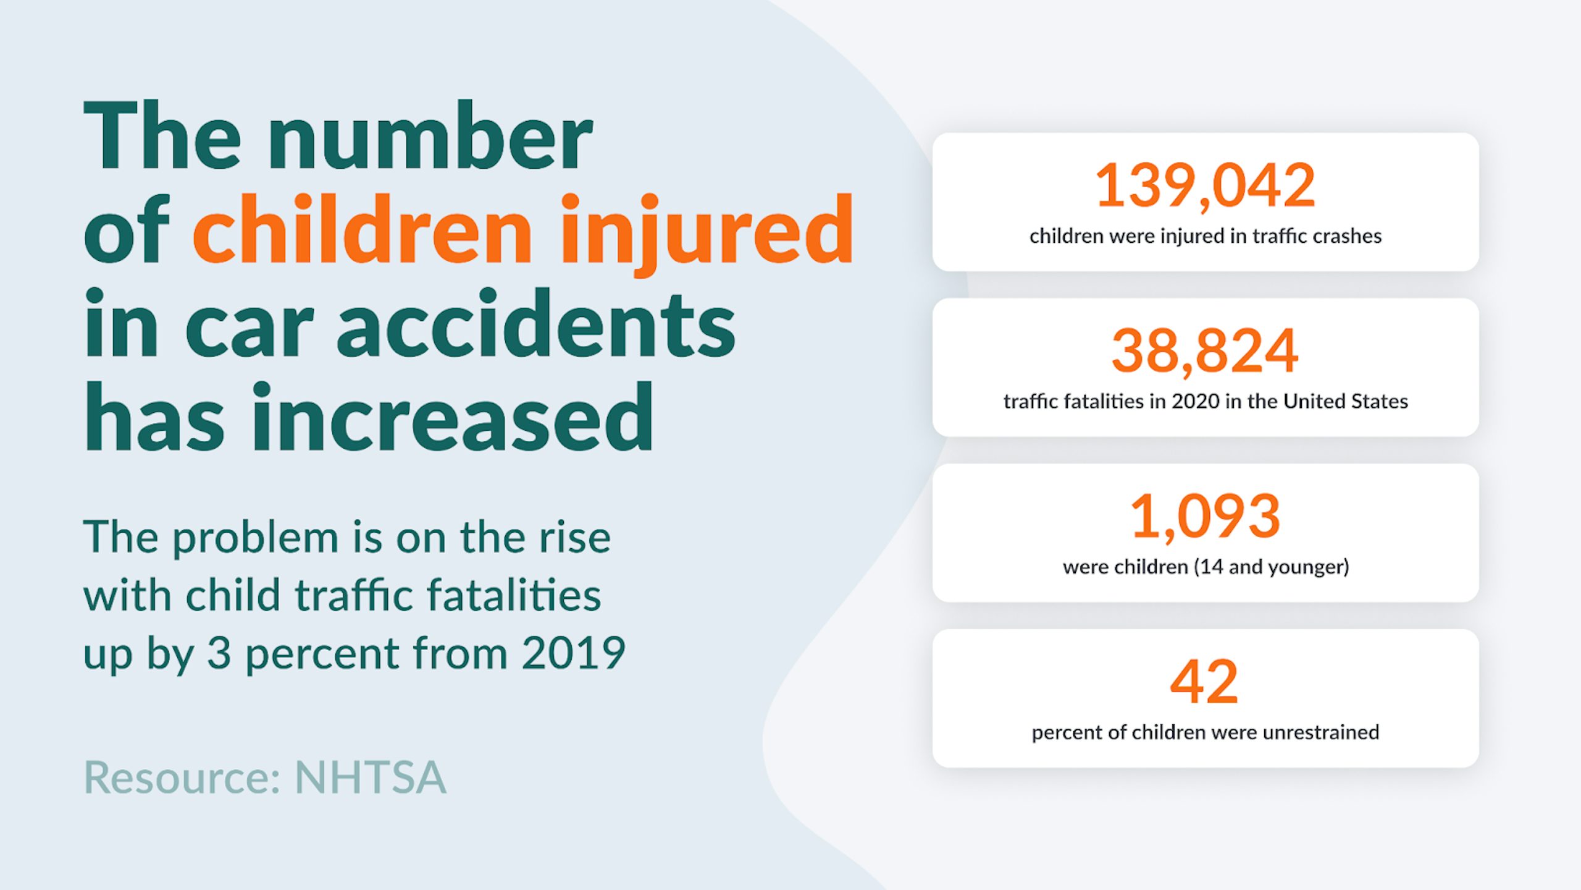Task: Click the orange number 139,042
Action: pos(1205,185)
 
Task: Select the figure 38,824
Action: pos(1205,350)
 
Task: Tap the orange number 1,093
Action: pos(1205,516)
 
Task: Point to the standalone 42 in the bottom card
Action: pos(1204,682)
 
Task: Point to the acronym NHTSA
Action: pos(371,778)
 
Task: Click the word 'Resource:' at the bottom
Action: pos(182,778)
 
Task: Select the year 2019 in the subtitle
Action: pos(573,653)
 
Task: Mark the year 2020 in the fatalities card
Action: pos(1195,402)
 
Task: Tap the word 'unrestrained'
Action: pos(1320,732)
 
